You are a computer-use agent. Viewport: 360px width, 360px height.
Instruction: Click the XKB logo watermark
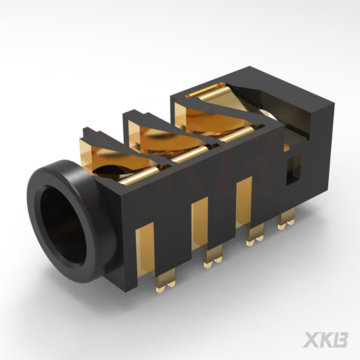[x=325, y=340]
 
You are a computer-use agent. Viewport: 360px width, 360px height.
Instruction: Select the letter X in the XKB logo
[x=310, y=340]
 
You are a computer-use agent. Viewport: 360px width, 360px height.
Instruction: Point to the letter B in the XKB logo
[x=340, y=340]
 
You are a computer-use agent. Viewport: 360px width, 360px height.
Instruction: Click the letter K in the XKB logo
[x=325, y=340]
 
